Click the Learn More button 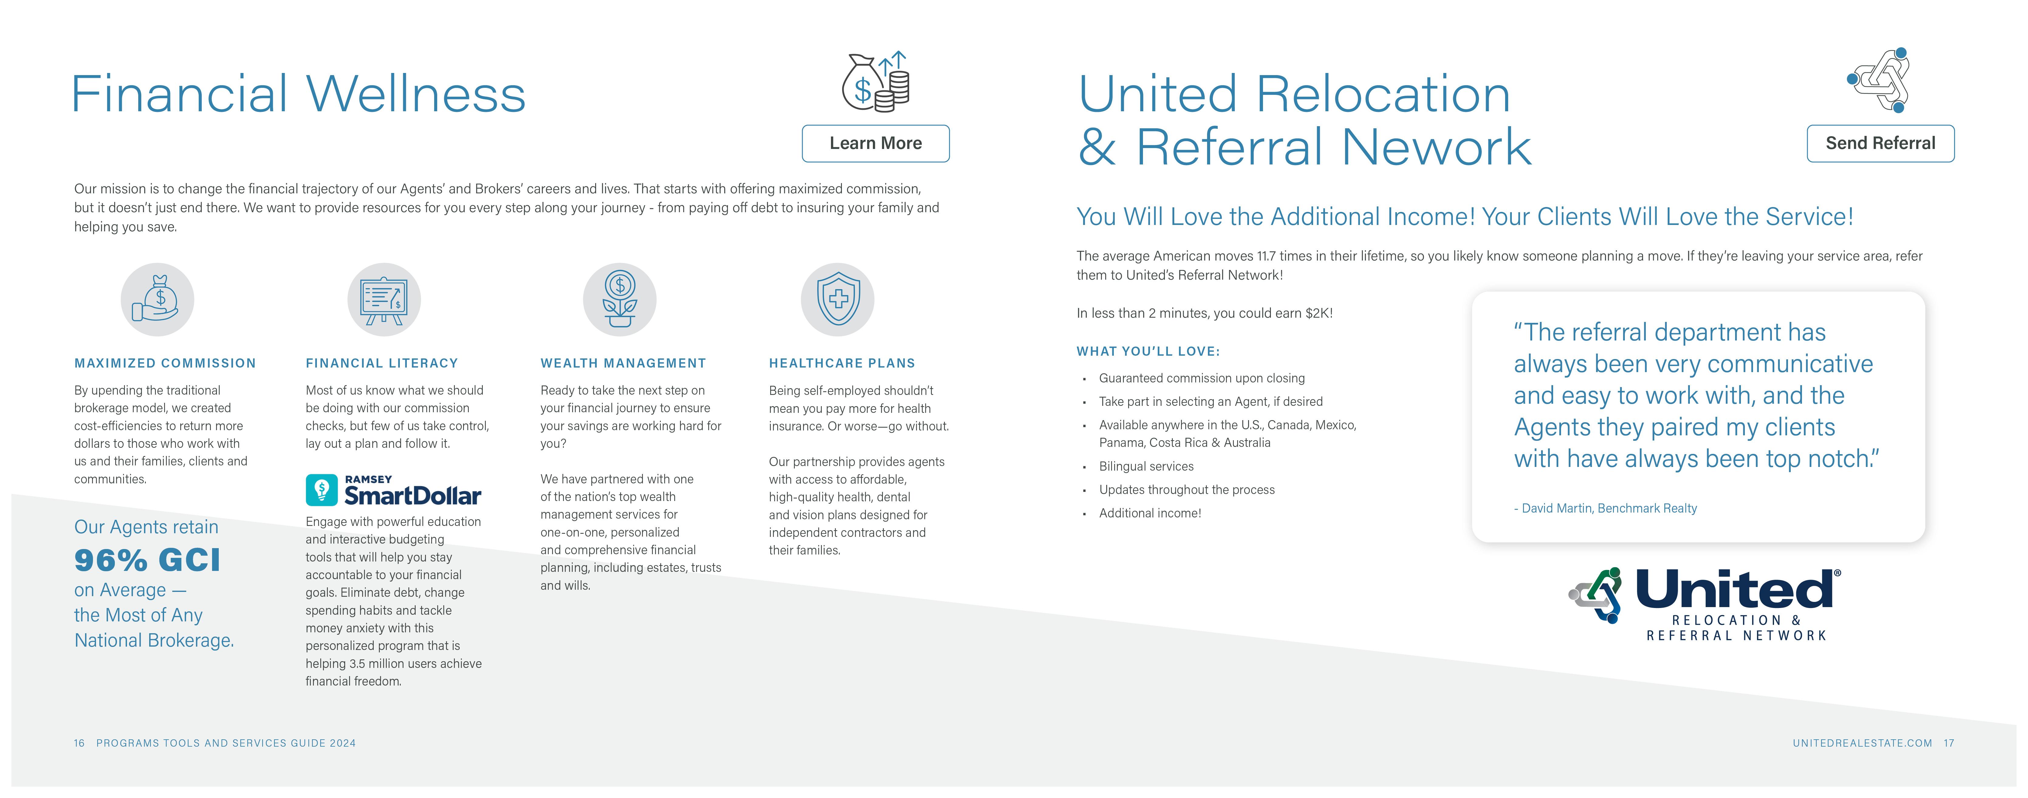[875, 143]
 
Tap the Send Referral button [1880, 143]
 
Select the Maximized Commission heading [165, 363]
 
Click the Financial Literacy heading [382, 363]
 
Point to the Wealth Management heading [623, 363]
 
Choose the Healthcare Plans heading [842, 363]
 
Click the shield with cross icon [838, 299]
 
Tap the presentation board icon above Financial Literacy [384, 299]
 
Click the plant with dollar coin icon [619, 299]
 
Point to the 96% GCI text [147, 560]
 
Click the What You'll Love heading [1148, 351]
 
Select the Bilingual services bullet [1146, 466]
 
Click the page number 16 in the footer [79, 743]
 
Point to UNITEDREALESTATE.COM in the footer [1862, 743]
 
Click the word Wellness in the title [416, 94]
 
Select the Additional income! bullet [1150, 513]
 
